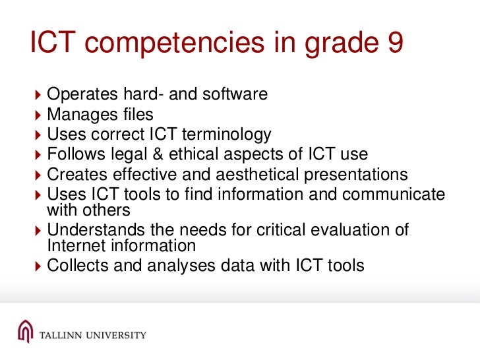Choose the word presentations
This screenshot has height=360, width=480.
pos(356,175)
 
